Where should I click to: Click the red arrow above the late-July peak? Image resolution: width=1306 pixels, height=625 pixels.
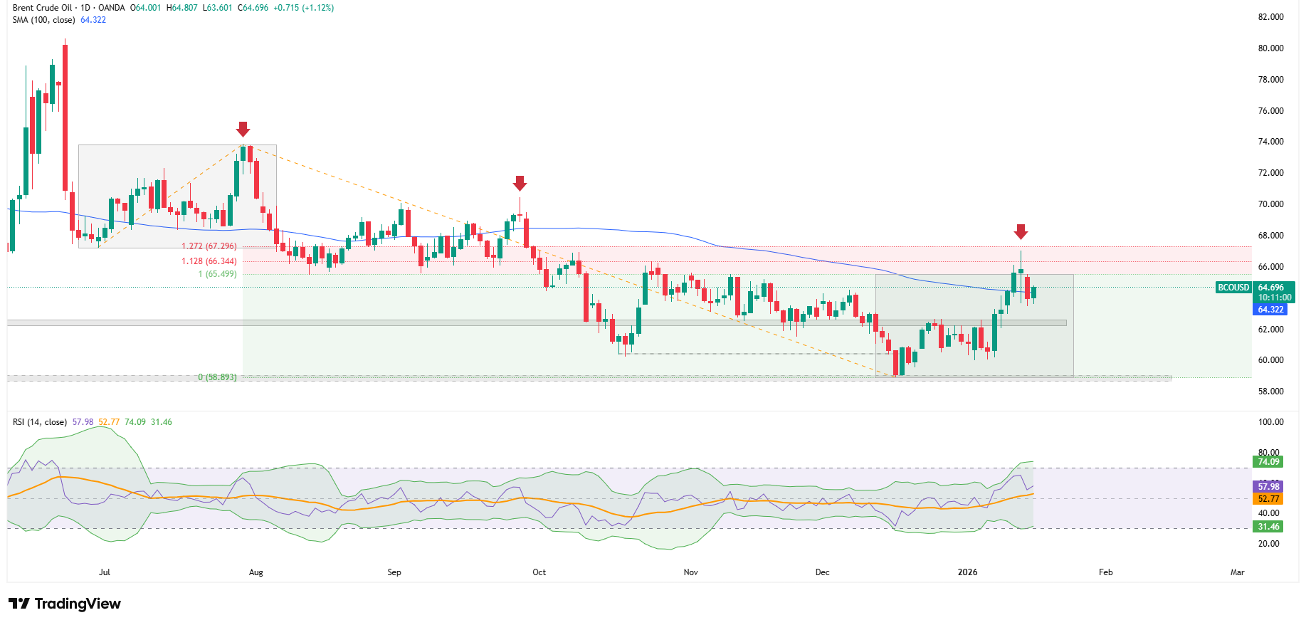(243, 129)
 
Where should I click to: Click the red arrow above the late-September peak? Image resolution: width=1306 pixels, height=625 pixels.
(520, 183)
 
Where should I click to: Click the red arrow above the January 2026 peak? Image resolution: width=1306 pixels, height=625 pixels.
(1021, 231)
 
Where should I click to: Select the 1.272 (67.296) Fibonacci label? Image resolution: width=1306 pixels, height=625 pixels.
(209, 246)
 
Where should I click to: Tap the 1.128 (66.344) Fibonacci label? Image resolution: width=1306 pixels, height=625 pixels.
(209, 261)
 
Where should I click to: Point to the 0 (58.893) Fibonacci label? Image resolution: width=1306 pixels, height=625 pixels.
(217, 377)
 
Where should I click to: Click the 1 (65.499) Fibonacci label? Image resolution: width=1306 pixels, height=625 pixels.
(217, 274)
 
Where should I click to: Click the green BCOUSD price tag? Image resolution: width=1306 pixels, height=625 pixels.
(1233, 288)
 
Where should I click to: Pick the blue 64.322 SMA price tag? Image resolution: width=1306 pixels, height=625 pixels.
(1270, 310)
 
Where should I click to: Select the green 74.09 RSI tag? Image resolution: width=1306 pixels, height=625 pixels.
(1268, 462)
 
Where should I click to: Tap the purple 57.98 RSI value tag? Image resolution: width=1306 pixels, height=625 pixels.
(1268, 487)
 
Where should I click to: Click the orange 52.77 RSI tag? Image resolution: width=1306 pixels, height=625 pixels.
(1268, 499)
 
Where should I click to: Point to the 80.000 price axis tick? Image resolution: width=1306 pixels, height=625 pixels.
(1270, 48)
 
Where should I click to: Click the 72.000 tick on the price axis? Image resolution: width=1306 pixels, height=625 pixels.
(1270, 173)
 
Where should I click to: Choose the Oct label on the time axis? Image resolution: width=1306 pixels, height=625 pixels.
(539, 572)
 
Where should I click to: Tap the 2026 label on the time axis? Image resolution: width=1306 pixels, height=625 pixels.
(967, 572)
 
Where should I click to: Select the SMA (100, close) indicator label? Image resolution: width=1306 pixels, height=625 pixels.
(43, 20)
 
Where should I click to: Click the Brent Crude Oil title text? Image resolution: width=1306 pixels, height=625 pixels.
(42, 8)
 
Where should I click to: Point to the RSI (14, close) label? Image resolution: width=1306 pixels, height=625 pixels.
(40, 422)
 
